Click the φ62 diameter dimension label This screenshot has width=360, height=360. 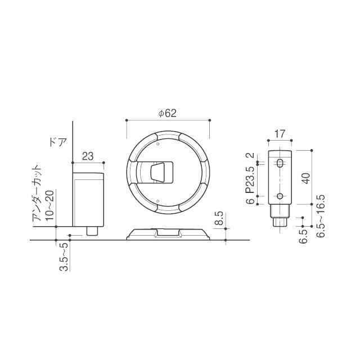click(168, 113)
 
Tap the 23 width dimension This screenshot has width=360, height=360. click(88, 156)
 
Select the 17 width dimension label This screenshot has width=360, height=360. click(280, 134)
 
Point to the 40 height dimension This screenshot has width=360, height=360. click(306, 178)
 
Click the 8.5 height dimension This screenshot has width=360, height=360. click(219, 218)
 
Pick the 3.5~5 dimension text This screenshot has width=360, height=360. click(64, 256)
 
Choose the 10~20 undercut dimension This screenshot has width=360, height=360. click(50, 205)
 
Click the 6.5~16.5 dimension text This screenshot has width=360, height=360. click(321, 216)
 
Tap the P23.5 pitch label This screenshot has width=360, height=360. click(250, 180)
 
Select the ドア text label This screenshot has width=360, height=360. click(58, 142)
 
